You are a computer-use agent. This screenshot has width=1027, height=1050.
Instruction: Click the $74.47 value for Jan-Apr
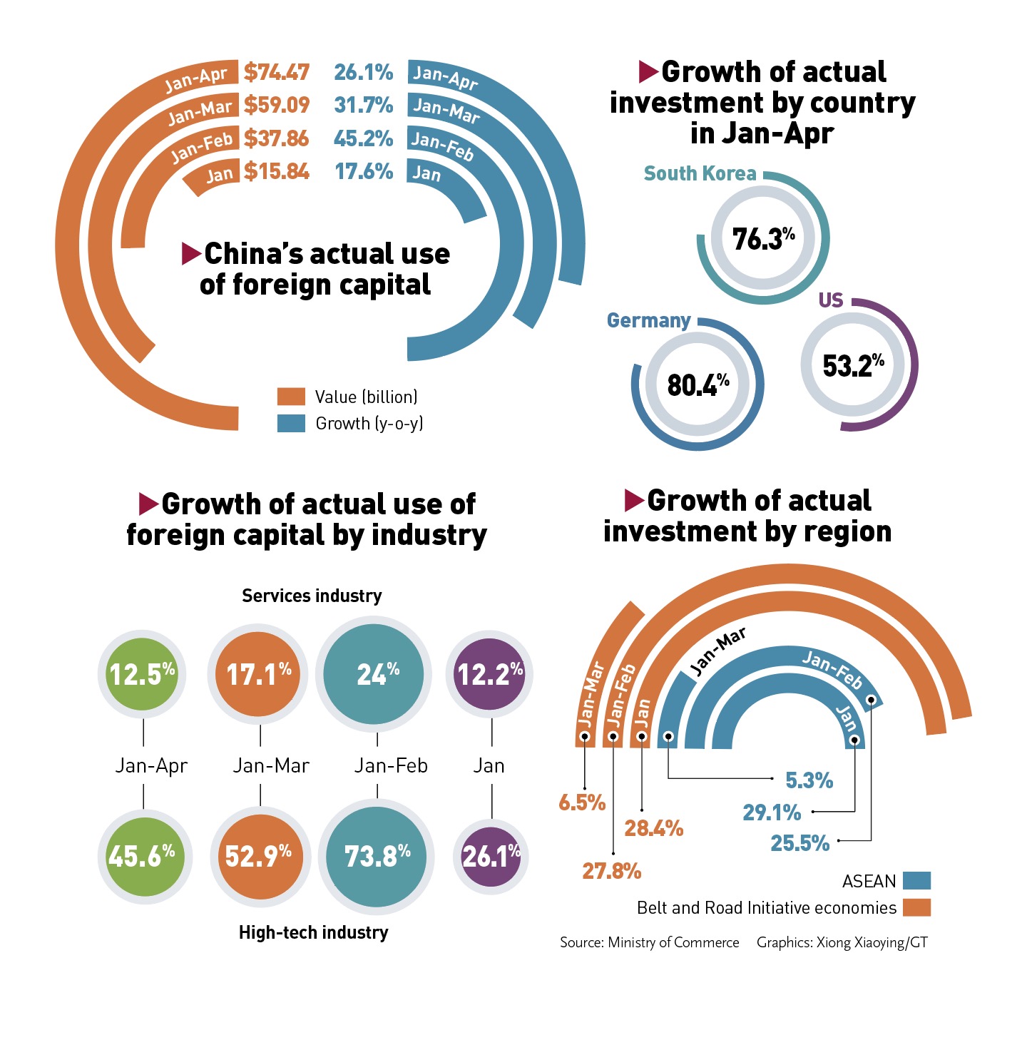(x=277, y=72)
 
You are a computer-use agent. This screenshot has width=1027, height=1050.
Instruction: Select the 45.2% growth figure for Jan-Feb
(x=363, y=138)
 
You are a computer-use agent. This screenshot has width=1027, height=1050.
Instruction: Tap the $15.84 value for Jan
(x=277, y=171)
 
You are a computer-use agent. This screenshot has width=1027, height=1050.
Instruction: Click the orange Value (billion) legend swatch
(x=291, y=397)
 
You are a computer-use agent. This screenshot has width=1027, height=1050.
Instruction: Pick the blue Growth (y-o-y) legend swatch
(x=291, y=423)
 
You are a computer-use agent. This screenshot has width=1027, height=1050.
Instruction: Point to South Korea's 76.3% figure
(x=763, y=238)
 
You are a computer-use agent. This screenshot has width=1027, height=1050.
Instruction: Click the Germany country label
(x=648, y=321)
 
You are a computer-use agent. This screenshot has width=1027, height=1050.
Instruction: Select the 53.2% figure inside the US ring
(x=853, y=365)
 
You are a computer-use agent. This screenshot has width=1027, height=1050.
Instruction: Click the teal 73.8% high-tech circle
(x=377, y=856)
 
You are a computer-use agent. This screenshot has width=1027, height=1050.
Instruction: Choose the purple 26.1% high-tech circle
(x=491, y=856)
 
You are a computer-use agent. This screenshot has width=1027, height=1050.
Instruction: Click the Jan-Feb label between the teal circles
(x=391, y=765)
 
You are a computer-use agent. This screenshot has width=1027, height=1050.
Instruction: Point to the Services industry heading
(x=312, y=596)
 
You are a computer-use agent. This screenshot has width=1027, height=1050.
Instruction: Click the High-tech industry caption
(x=313, y=932)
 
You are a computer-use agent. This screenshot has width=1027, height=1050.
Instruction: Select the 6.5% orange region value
(x=582, y=802)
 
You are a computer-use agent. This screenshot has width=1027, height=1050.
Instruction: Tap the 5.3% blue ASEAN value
(x=809, y=780)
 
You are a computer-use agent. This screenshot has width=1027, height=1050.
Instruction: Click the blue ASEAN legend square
(x=916, y=881)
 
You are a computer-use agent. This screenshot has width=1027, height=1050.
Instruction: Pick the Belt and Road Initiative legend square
(x=916, y=907)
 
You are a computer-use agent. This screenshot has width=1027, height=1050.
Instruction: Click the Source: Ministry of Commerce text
(x=649, y=942)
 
